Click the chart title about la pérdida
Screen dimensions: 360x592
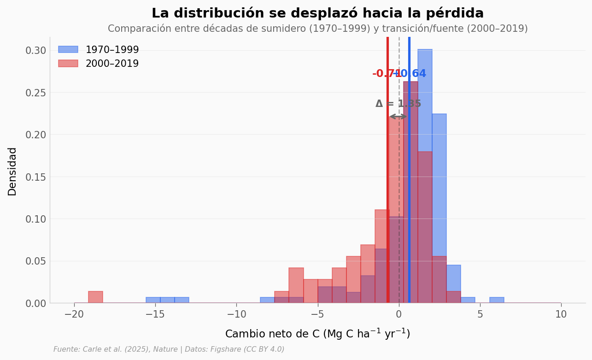coord(317,13)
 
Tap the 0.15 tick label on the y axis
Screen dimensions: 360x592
coord(36,177)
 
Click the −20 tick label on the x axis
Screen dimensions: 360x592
coord(74,314)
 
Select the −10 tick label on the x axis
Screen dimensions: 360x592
coord(236,314)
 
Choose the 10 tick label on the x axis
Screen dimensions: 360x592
coord(561,314)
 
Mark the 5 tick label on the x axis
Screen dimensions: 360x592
coord(480,314)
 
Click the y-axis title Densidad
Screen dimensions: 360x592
coord(12,171)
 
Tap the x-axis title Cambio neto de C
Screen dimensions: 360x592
coord(317,334)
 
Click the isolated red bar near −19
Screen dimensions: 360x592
coord(95,297)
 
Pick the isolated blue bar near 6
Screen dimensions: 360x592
coord(497,300)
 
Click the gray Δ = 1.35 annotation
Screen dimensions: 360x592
coord(398,104)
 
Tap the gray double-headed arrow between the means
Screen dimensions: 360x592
coord(398,117)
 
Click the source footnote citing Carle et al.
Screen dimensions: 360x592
coord(169,349)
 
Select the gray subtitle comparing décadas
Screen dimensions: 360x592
coord(317,29)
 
